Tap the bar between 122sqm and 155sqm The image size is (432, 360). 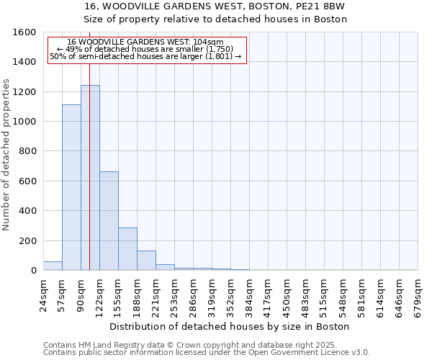(109, 221)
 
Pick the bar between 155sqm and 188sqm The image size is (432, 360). (127, 249)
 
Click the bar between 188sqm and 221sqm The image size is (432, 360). (146, 261)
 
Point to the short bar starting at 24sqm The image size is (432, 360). (53, 266)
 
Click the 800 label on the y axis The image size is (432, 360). (28, 151)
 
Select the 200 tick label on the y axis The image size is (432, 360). (28, 240)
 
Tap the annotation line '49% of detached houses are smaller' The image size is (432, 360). (145, 49)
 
